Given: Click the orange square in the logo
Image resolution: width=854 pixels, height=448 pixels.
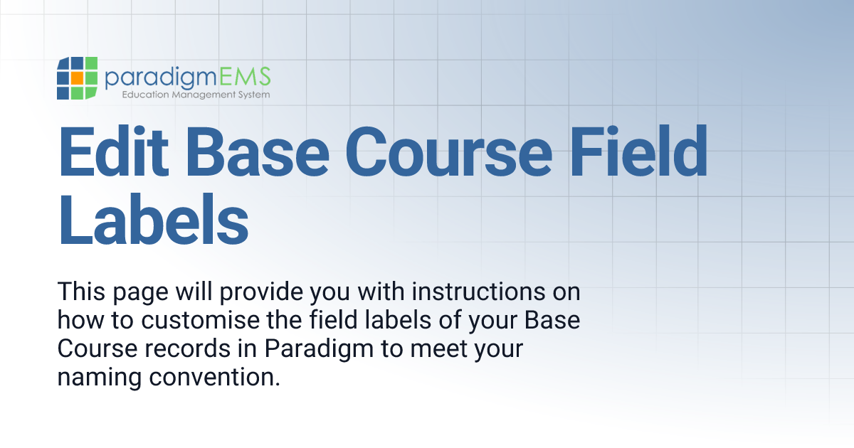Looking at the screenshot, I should coord(77,78).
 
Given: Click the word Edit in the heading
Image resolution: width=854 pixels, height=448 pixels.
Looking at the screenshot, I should coord(110,152).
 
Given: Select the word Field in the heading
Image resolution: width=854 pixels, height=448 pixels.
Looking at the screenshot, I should coord(645,152).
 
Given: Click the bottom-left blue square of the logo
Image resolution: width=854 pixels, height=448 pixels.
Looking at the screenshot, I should coord(63,92).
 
